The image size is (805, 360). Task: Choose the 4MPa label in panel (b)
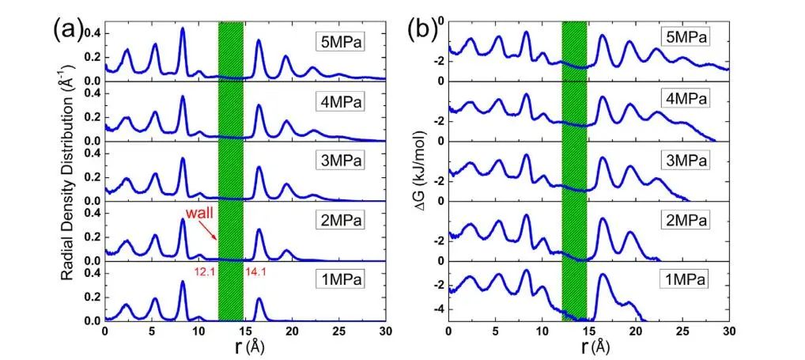pos(684,99)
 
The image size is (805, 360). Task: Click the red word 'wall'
pos(198,214)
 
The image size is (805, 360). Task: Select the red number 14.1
pos(255,273)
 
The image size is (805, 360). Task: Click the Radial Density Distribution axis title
pos(70,173)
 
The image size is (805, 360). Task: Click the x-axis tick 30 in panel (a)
pos(385,330)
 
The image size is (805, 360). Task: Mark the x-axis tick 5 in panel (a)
pos(152,330)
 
